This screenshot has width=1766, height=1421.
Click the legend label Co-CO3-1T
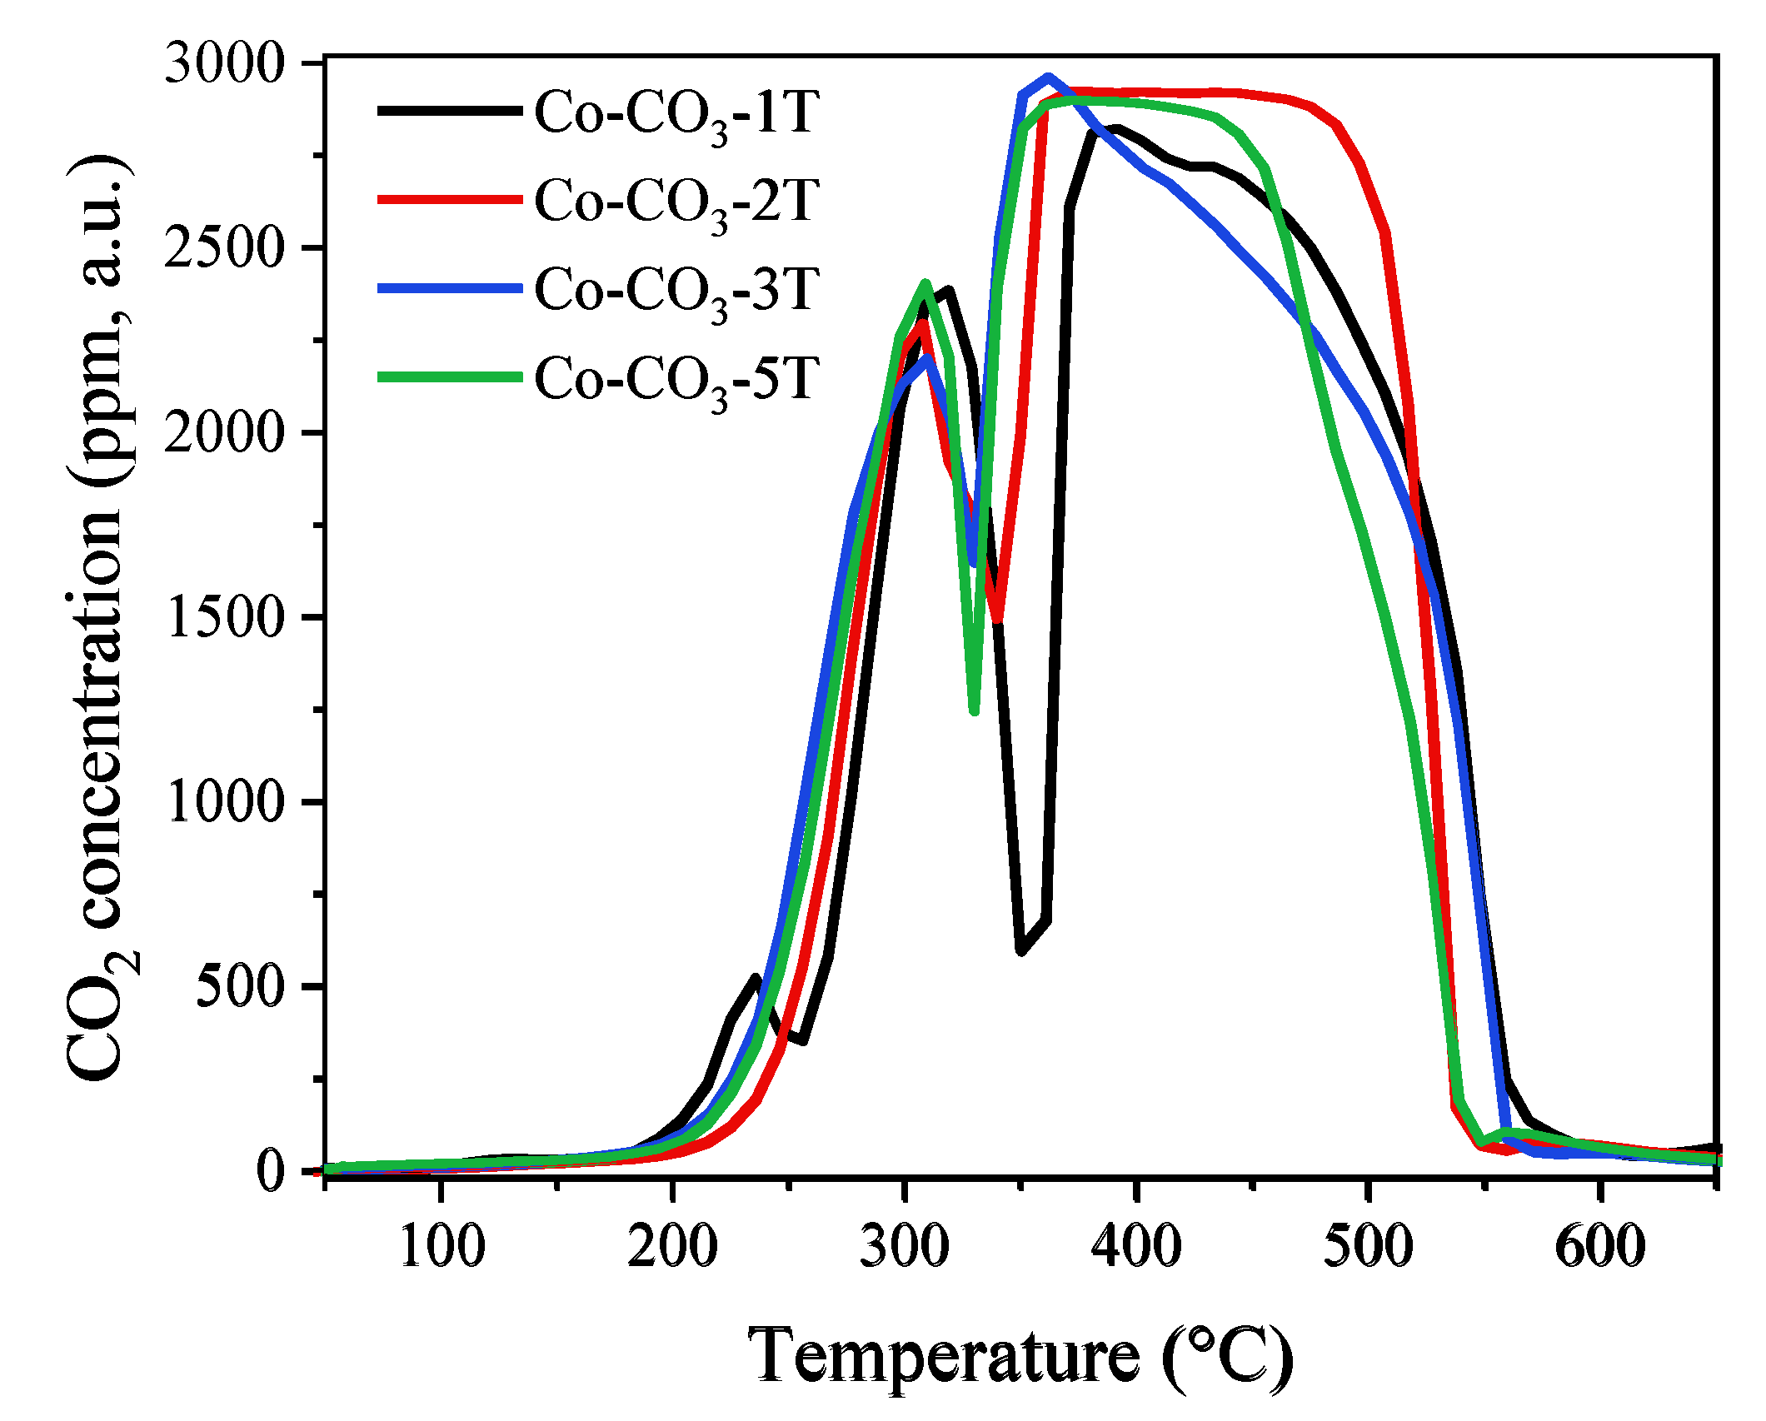click(x=676, y=114)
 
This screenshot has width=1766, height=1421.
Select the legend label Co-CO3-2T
click(x=676, y=203)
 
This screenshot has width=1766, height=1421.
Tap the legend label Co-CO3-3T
click(x=676, y=292)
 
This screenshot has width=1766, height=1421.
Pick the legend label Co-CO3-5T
click(x=676, y=381)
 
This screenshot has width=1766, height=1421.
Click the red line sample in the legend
click(x=450, y=199)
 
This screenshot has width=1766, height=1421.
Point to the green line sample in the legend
click(x=450, y=376)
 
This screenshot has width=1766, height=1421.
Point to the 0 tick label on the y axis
click(x=271, y=1172)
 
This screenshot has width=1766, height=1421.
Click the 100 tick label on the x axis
click(x=441, y=1247)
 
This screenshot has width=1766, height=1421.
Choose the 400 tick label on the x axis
click(x=1136, y=1247)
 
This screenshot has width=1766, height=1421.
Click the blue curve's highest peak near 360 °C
click(x=1049, y=77)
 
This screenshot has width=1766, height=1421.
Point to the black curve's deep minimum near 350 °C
click(x=1021, y=950)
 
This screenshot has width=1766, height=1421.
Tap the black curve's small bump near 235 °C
click(x=756, y=978)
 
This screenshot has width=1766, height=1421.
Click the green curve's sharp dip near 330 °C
click(x=974, y=710)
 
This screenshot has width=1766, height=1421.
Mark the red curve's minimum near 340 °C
click(x=996, y=618)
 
